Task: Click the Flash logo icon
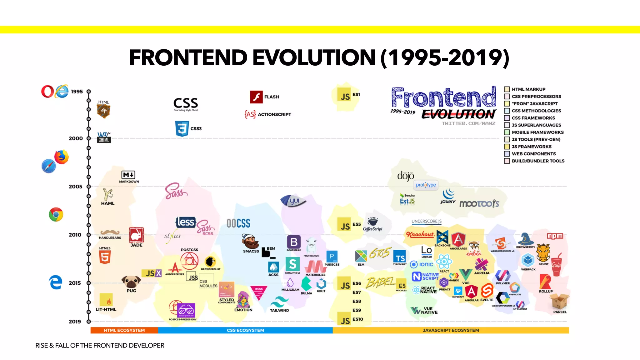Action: (256, 97)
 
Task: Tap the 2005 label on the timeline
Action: (76, 187)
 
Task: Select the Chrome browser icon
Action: (56, 215)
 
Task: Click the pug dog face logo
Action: (131, 282)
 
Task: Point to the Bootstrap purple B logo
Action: (294, 242)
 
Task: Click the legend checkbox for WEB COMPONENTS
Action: (507, 154)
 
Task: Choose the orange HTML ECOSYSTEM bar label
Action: (124, 330)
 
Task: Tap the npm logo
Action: (555, 236)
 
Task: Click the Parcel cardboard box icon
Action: (559, 301)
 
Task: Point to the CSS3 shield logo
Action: (182, 128)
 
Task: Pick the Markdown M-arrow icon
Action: (128, 175)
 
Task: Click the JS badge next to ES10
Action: (345, 320)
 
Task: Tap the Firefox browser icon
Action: (62, 157)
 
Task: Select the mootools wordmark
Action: (479, 204)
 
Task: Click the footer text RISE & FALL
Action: (99, 346)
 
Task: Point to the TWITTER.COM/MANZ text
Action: (468, 123)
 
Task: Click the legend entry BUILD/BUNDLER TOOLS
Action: (538, 161)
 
